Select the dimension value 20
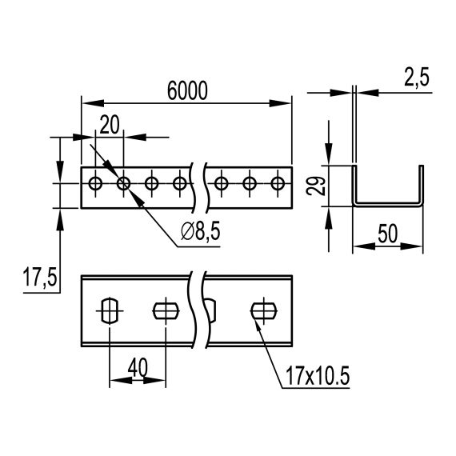tap(110, 124)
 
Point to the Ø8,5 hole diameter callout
tap(201, 232)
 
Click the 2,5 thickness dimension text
tap(415, 78)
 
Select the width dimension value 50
tap(389, 234)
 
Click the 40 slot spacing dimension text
tap(137, 366)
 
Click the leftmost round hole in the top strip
tap(95, 184)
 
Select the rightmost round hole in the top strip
tap(278, 184)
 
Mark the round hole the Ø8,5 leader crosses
tap(123, 184)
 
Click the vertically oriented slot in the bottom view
tap(109, 309)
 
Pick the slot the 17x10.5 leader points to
tap(262, 309)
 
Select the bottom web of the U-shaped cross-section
tap(389, 205)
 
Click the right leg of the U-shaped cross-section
tap(421, 186)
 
